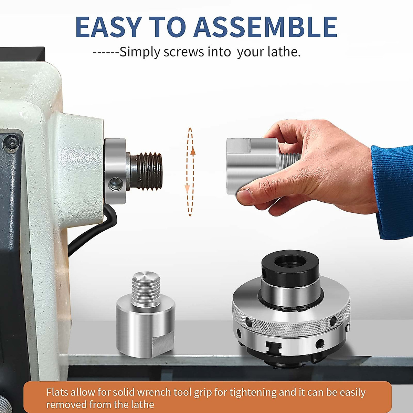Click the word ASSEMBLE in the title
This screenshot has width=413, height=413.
265,27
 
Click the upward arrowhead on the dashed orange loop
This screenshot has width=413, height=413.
193,150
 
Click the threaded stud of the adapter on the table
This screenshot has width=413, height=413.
146,289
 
